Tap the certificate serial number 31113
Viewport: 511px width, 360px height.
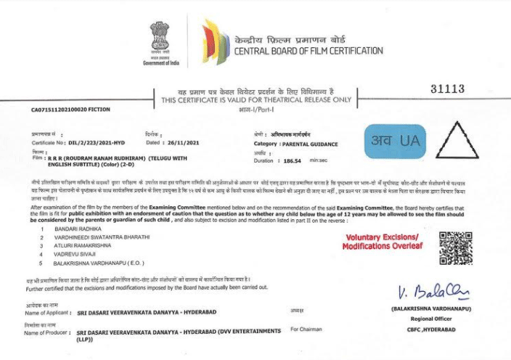click(x=446, y=89)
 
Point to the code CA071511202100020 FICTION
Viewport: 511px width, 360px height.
click(x=70, y=110)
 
